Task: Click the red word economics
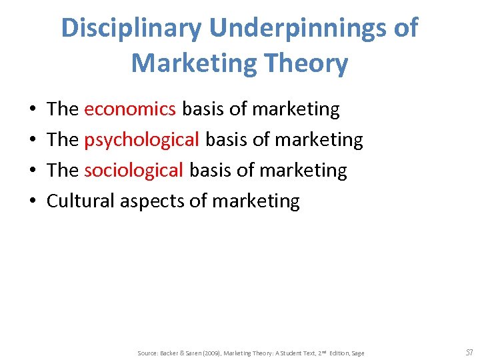tap(130, 109)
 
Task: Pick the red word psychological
tap(141, 139)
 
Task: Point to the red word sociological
tap(133, 170)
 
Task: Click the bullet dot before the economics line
tap(32, 109)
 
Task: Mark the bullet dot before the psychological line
tap(32, 140)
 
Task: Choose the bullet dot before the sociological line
tap(32, 171)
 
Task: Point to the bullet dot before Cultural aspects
tap(32, 201)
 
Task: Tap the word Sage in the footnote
tap(357, 353)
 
